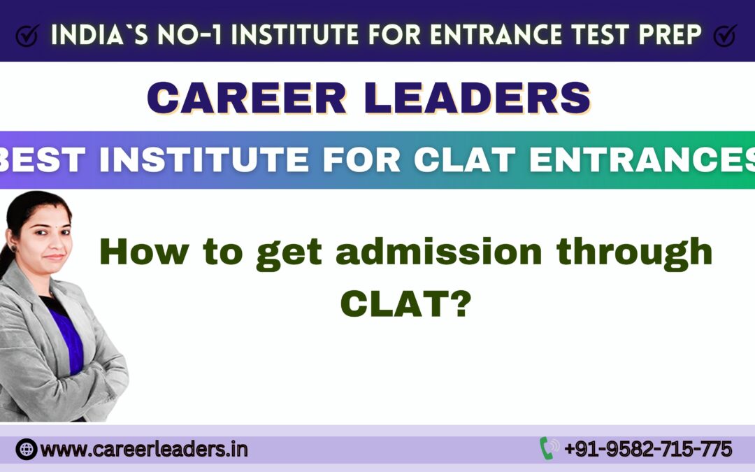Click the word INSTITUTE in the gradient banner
point(195,160)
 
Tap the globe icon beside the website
point(26,448)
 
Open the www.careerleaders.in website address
point(144,449)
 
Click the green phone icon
point(547,448)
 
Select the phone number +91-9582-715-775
point(648,448)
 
